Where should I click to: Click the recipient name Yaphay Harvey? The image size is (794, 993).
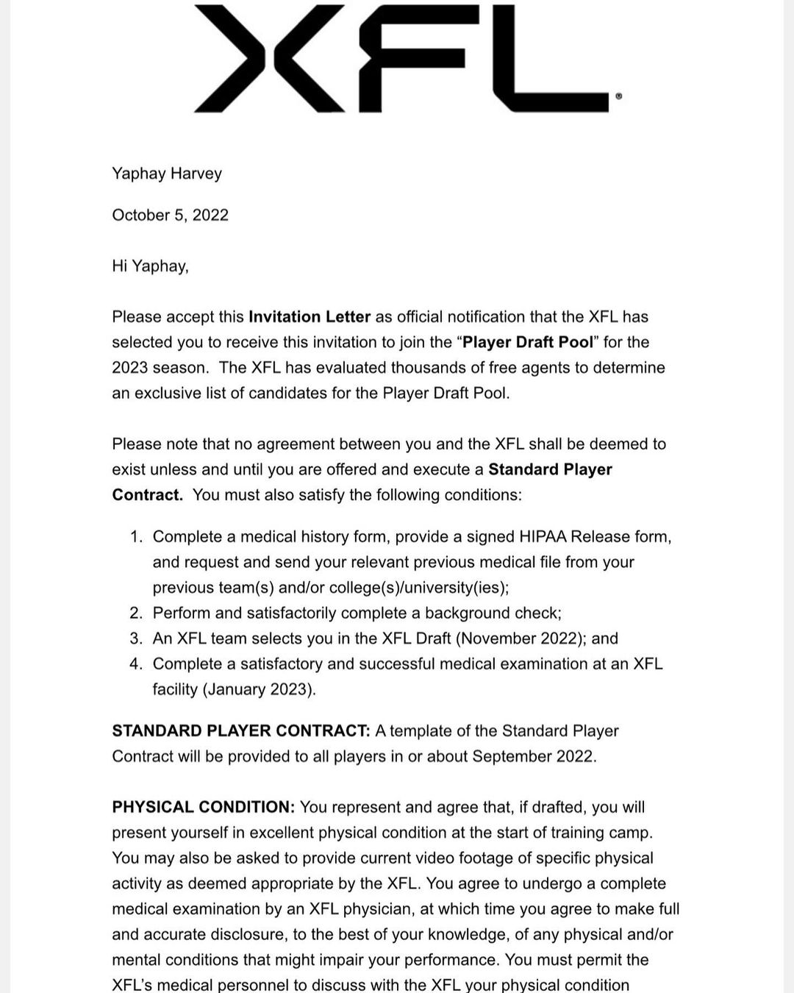point(167,174)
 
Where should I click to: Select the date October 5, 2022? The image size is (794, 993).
point(170,215)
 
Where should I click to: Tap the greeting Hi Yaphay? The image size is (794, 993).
point(150,266)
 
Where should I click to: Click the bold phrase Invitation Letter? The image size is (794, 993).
point(310,317)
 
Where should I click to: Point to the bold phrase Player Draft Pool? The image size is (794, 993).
point(528,342)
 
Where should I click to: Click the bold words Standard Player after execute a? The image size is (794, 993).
point(550,469)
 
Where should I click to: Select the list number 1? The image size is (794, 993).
point(135,537)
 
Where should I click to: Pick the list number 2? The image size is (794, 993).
point(135,613)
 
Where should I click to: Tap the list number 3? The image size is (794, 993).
point(135,638)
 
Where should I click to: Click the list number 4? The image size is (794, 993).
point(135,664)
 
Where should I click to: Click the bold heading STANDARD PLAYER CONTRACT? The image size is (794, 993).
point(240,731)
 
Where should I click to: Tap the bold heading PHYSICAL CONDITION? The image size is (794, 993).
point(203,807)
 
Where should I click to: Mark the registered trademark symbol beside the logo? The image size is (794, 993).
point(618,96)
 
